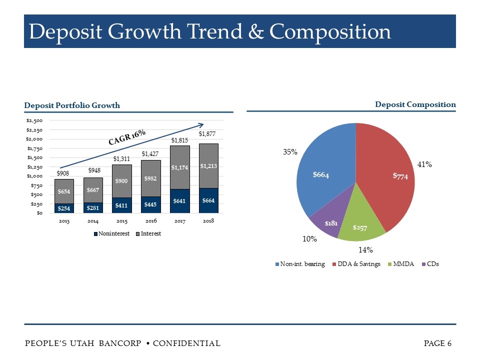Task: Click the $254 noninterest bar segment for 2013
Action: [64, 208]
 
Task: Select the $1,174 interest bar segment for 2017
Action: [179, 167]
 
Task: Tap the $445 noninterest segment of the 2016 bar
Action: [150, 204]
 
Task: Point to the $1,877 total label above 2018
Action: [208, 134]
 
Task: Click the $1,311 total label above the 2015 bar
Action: [121, 159]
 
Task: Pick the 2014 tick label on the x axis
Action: [93, 220]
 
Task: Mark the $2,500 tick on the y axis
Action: [34, 120]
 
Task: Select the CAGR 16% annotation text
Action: [127, 136]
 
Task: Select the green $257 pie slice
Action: [361, 222]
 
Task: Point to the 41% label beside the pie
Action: [424, 163]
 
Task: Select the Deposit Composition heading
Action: [415, 104]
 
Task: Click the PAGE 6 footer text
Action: [437, 343]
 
